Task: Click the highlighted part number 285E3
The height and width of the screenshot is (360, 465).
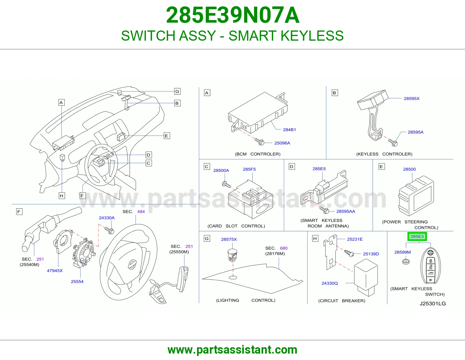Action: pos(417,236)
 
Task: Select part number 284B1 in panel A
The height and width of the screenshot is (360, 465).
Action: pos(289,129)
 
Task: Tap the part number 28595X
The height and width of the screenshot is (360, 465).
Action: pos(412,98)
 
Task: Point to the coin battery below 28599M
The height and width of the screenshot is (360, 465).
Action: pos(406,262)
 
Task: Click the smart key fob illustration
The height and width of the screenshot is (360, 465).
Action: pos(430,266)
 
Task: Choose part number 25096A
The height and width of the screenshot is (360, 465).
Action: pos(282,143)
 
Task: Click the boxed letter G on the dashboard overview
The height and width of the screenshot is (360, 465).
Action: pos(177,91)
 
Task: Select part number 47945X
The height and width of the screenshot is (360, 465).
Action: pos(55,271)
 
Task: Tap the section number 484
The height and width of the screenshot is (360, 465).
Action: pos(141,212)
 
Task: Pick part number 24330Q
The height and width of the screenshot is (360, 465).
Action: pos(330,283)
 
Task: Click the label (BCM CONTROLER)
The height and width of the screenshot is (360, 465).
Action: pos(258,154)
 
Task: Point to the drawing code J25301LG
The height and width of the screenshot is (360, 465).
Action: pos(433,304)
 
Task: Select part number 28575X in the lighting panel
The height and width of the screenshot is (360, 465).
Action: pos(229,240)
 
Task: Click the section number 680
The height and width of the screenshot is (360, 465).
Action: pos(284,248)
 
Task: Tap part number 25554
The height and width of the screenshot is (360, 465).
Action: pos(77,282)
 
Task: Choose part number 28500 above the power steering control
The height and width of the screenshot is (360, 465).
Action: pos(409,169)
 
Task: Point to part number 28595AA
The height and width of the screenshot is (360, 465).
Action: pos(346,211)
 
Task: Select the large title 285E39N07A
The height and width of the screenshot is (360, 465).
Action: pos(233,15)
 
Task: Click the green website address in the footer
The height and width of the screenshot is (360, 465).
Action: pos(233,350)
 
